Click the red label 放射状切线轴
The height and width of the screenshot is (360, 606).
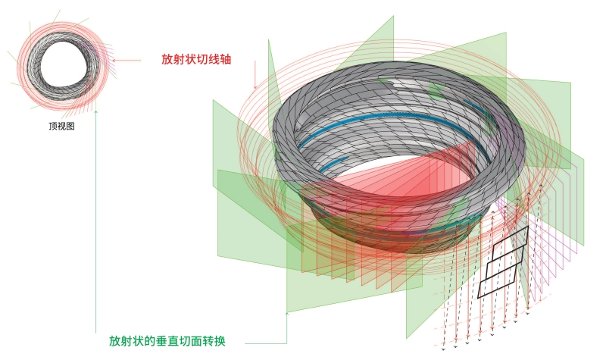(x=196, y=59)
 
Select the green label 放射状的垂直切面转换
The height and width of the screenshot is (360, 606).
(x=167, y=341)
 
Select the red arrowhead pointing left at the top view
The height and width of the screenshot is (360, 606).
(x=114, y=60)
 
